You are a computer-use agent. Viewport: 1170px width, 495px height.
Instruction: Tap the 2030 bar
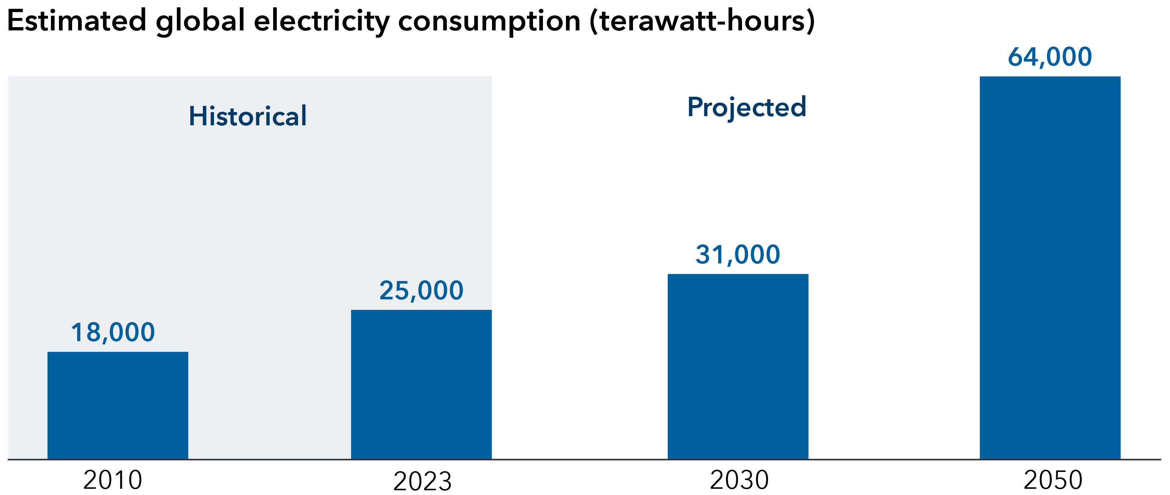(738, 366)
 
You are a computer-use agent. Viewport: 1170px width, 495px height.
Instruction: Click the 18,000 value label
(113, 332)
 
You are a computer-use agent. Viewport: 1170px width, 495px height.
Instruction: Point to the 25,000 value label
(421, 291)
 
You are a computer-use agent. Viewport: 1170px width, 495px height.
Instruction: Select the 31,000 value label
(738, 255)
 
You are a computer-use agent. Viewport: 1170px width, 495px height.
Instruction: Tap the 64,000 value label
(1050, 57)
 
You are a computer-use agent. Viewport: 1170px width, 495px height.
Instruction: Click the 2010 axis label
(113, 480)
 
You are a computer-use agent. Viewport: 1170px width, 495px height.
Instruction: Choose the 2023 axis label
(422, 481)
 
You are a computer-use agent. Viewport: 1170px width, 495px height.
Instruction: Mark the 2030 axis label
(739, 480)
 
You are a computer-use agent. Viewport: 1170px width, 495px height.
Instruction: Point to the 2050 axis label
(1053, 480)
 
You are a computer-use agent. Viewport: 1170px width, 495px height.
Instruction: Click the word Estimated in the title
(76, 21)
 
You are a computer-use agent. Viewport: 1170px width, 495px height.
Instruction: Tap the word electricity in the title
(321, 21)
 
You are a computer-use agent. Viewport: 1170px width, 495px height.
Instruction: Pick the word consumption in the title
(489, 21)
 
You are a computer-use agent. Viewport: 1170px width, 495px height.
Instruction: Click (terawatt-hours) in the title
(702, 21)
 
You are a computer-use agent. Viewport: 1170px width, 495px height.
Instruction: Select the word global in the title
(200, 21)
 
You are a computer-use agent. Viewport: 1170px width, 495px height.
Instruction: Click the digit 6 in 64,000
(1015, 57)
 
